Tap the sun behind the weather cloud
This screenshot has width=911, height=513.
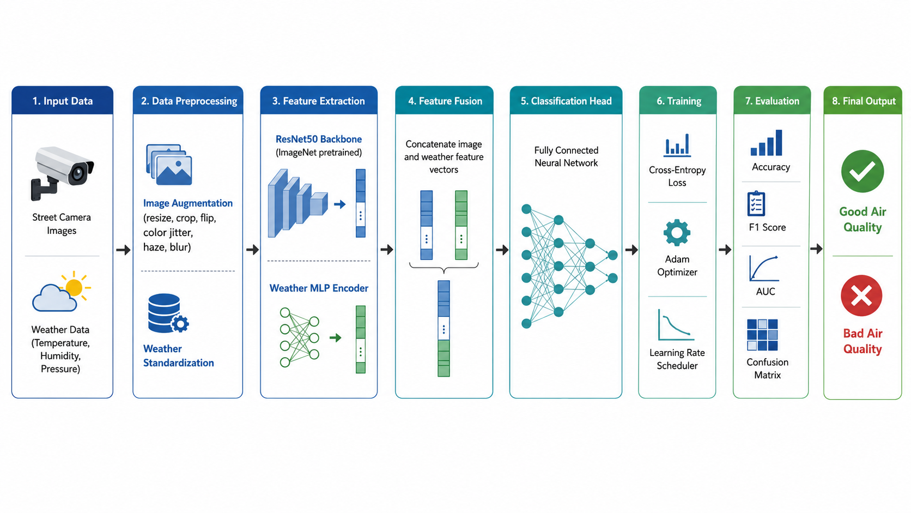75,286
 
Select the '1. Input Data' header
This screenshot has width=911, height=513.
62,101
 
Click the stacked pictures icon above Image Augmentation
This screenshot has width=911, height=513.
169,164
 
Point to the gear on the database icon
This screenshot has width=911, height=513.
180,324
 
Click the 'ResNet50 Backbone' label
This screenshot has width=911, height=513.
318,139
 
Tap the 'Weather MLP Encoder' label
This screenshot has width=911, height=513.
319,288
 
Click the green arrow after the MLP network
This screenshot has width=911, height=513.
335,337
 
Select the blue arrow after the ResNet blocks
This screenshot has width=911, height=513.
339,204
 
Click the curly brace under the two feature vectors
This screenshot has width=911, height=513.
444,268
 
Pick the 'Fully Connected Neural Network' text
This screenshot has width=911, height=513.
566,156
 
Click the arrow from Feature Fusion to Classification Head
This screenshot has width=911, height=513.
502,249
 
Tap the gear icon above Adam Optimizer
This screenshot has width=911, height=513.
677,233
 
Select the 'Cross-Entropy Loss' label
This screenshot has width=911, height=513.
677,176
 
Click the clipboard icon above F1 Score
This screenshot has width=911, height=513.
756,203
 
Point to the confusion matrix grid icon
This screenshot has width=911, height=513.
762,335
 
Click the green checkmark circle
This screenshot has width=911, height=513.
862,171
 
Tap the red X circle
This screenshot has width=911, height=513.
861,296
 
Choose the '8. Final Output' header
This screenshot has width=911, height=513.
863,101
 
